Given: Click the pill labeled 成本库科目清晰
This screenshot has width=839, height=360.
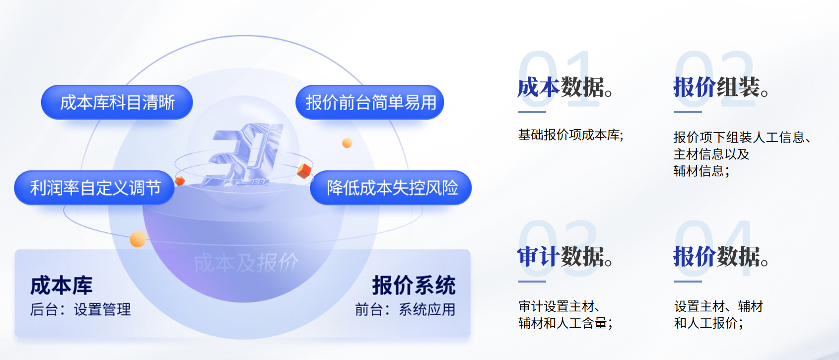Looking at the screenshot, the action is click(x=117, y=102).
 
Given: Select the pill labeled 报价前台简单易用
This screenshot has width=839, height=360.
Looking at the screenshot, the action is click(x=370, y=102).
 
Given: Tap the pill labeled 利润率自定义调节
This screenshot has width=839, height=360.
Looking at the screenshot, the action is click(x=94, y=188).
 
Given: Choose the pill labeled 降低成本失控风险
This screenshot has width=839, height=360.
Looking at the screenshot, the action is click(x=391, y=188).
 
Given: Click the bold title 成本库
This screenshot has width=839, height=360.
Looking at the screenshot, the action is click(x=62, y=286).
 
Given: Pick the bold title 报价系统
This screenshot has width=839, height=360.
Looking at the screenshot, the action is click(x=414, y=286).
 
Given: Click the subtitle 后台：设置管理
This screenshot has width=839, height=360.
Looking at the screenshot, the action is click(x=80, y=310).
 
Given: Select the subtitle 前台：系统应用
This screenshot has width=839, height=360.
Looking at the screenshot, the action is click(x=405, y=310).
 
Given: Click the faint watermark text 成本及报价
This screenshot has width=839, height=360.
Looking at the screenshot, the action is click(x=246, y=263).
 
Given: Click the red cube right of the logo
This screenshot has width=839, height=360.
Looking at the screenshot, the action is click(x=304, y=171).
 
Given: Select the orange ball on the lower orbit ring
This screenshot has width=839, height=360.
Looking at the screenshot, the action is click(x=138, y=239).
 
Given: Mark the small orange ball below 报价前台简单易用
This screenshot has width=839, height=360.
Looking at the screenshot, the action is click(x=347, y=143).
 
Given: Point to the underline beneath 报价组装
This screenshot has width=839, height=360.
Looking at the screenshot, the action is click(x=688, y=112).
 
